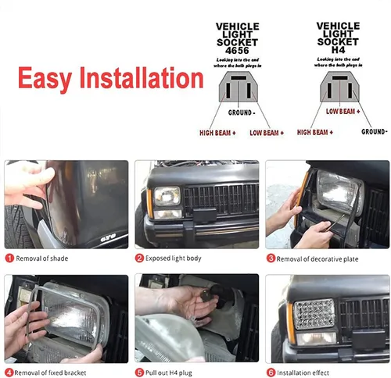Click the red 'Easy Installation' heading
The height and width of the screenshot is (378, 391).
[110, 79]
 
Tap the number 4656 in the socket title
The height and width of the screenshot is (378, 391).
[238, 49]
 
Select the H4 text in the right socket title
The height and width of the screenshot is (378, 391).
[338, 49]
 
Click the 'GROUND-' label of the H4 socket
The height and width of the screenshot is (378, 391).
[374, 132]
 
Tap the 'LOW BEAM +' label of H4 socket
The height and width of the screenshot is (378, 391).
[343, 112]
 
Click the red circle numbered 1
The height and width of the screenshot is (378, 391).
[9, 258]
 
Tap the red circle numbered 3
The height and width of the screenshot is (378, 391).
[271, 258]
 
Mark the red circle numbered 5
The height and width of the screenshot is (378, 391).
[140, 372]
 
